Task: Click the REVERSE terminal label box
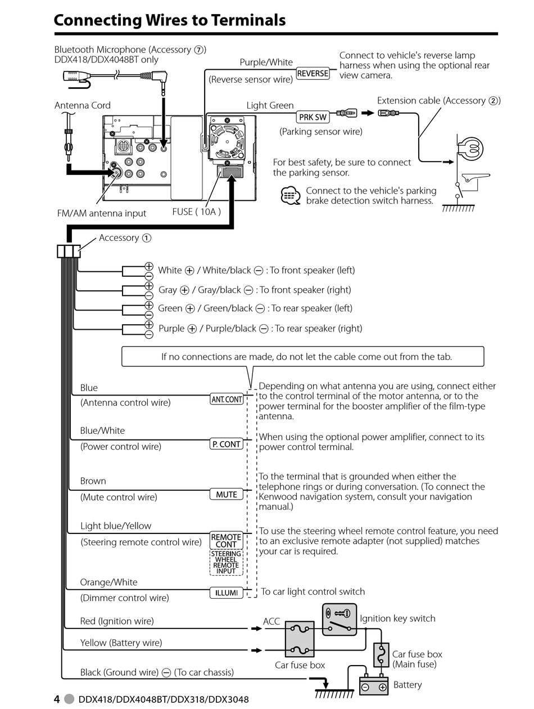(x=313, y=73)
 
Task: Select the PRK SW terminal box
(x=313, y=117)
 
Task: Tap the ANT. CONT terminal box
(x=227, y=400)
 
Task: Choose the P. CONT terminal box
(x=227, y=444)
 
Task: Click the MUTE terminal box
(x=227, y=494)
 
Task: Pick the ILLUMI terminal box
(x=227, y=593)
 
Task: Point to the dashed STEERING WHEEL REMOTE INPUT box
(x=227, y=562)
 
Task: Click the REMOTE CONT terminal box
(x=227, y=540)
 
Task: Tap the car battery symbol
(x=374, y=685)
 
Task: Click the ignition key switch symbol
(x=340, y=620)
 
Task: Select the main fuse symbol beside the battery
(x=381, y=654)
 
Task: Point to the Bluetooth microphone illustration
(x=76, y=76)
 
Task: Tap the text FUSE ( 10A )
(x=196, y=212)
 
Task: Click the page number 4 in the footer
(x=57, y=699)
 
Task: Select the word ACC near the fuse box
(x=271, y=621)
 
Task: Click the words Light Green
(x=270, y=105)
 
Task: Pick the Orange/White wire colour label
(x=108, y=582)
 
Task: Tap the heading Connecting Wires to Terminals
(x=170, y=20)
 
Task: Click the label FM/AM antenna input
(x=102, y=213)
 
